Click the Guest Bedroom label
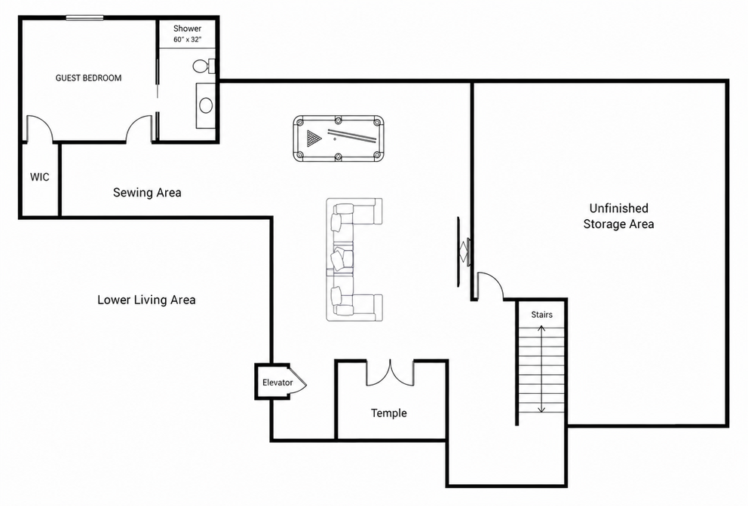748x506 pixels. pos(88,78)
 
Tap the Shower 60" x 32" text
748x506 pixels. pos(187,34)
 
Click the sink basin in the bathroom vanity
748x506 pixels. pos(206,105)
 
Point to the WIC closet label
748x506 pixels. pos(40,177)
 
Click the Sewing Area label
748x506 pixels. pos(147,193)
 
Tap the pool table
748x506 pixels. pos(339,139)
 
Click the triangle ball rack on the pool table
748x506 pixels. pos(314,139)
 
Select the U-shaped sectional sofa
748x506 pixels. pos(354,259)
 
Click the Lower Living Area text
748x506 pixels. pos(146,300)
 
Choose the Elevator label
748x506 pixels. pos(277,383)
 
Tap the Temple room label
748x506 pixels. pos(389,413)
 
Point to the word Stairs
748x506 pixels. pos(542,315)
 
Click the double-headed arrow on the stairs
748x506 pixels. pos(541,369)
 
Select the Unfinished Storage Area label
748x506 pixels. pos(619,216)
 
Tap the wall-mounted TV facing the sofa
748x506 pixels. pos(463,251)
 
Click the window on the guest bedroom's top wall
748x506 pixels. pos(84,18)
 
